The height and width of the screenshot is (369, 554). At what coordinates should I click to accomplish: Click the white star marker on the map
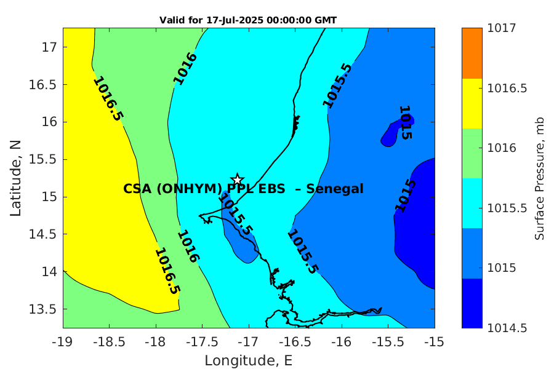pos(238,179)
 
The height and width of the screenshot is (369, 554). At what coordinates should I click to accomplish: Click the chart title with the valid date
pos(248,20)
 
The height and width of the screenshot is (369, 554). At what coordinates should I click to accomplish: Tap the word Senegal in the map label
pos(335,189)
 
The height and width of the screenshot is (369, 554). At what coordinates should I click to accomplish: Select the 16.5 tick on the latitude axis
pos(42,85)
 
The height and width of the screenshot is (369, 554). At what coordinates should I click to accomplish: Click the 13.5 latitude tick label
pos(42,309)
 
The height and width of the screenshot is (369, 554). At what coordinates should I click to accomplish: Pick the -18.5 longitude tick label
pos(110,342)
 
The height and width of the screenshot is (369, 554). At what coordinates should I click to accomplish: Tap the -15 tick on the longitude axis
pos(434,342)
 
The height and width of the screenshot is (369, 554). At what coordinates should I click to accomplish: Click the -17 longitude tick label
pos(249,342)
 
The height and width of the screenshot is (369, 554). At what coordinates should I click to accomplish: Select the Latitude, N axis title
pos(15,178)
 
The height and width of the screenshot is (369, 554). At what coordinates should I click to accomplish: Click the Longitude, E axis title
pos(249,360)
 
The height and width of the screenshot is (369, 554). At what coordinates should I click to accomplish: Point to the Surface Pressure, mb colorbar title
pos(539,179)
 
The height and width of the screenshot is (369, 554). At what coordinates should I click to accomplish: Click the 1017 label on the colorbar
pos(502,28)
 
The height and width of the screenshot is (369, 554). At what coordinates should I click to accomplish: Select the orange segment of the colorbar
pos(472,54)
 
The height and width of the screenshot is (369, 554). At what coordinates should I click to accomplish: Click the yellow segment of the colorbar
pos(472,103)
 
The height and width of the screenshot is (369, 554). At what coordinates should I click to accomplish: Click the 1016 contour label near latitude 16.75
pos(185,68)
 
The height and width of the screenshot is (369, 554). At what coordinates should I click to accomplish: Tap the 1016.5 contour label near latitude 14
pos(167,271)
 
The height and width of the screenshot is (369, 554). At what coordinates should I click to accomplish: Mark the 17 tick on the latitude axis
pos(49,47)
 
